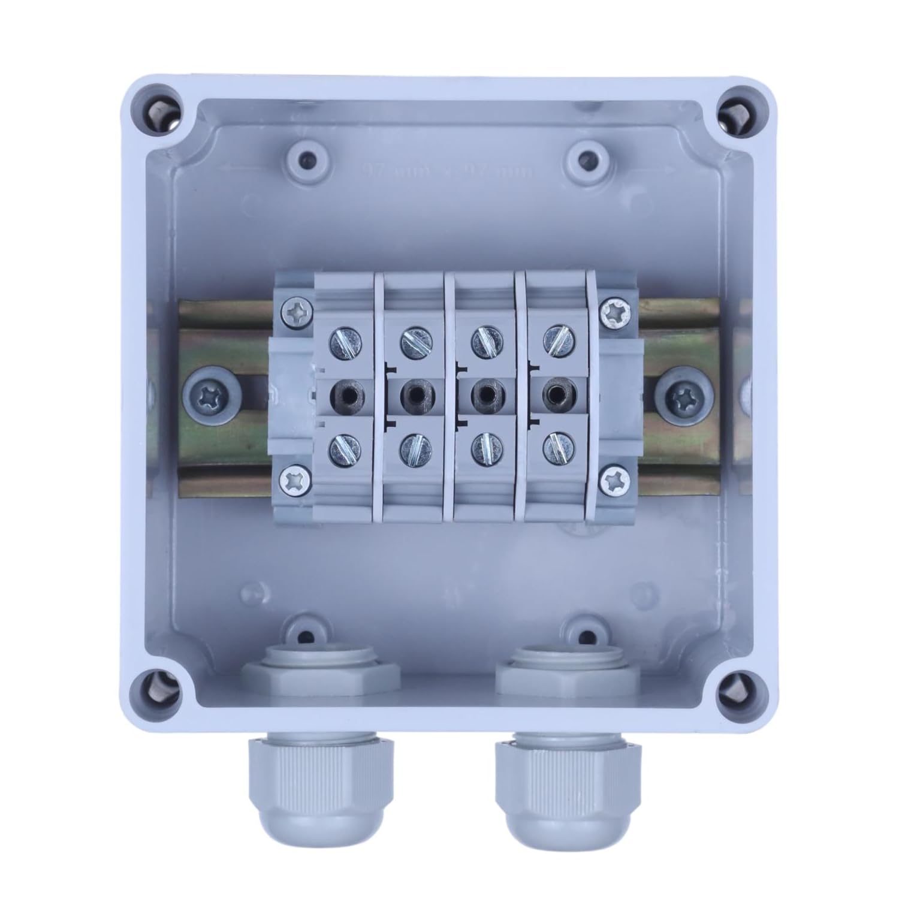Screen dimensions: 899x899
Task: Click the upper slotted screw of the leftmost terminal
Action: click(346, 343)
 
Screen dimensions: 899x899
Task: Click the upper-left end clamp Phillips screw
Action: click(296, 312)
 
